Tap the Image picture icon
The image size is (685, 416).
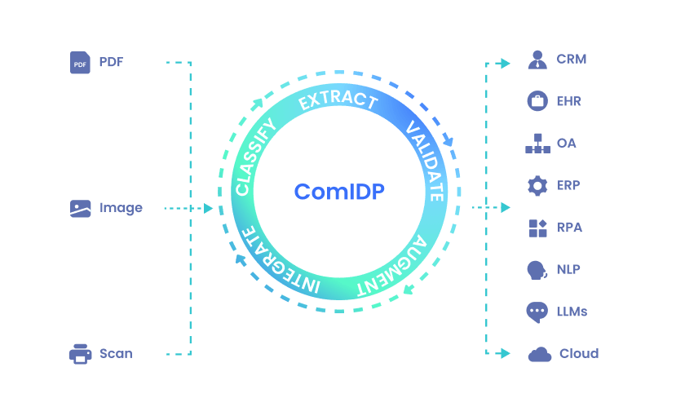tap(80, 208)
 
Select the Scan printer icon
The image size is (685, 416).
tap(80, 354)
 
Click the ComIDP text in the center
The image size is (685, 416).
tap(339, 192)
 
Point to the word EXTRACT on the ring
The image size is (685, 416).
tap(338, 100)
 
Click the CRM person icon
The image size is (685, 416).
tap(537, 60)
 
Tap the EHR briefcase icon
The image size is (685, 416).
tap(537, 101)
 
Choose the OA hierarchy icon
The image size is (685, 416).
tap(537, 144)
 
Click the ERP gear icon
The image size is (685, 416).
tap(537, 186)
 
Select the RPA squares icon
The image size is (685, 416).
tap(537, 228)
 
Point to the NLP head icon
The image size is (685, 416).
tap(537, 270)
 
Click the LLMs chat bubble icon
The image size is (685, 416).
tap(537, 312)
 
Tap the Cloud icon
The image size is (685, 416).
tap(539, 354)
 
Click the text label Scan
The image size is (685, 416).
tap(116, 354)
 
